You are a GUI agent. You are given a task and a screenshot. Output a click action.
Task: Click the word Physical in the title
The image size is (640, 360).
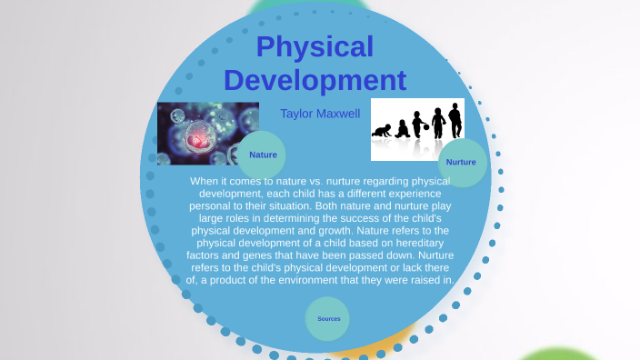(315, 47)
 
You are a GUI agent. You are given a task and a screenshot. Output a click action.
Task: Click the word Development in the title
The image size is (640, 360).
(315, 80)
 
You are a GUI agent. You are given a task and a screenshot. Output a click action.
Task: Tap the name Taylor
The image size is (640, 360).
(297, 114)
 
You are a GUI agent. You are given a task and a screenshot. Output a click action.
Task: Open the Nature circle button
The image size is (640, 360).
(263, 155)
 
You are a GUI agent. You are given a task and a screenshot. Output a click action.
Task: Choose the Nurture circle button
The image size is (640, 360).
(461, 162)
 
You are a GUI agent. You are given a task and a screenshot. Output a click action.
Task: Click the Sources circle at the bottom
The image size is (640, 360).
(328, 318)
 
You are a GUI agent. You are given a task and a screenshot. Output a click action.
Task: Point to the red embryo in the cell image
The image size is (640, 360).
(198, 137)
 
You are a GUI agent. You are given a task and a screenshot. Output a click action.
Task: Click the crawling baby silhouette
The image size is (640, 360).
(382, 130)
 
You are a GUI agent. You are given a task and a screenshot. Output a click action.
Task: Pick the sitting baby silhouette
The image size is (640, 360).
(402, 128)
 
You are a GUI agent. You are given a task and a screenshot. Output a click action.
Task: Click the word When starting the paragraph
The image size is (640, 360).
(205, 182)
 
